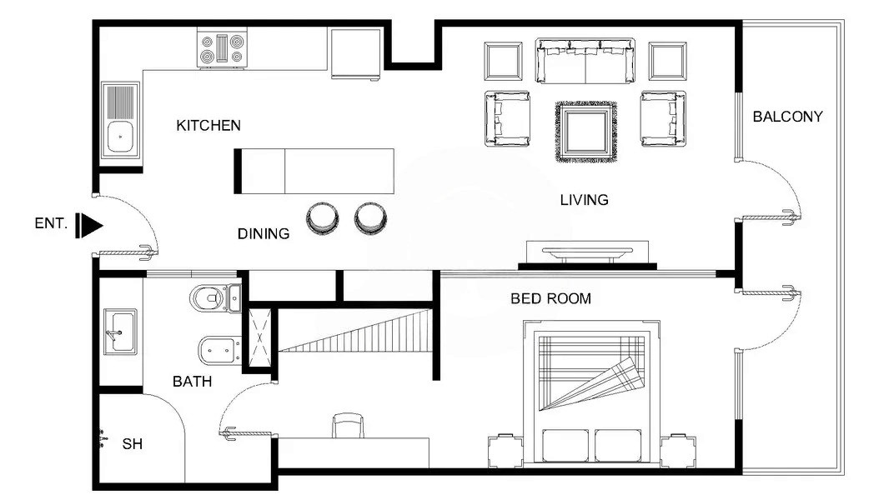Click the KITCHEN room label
tap(208, 126)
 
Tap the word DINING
tap(264, 234)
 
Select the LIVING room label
tap(584, 200)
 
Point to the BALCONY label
tap(787, 117)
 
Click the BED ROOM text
tap(550, 298)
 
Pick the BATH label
tap(192, 382)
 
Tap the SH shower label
tap(133, 443)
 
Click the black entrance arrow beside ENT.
tap(89, 224)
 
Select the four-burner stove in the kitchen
tap(223, 49)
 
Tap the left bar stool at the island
tap(322, 217)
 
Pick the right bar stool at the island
tap(370, 217)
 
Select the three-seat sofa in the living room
tap(585, 61)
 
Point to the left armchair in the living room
tap(507, 119)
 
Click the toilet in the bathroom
tap(208, 296)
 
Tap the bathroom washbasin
tap(121, 331)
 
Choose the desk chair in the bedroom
tap(349, 426)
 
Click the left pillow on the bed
tap(565, 446)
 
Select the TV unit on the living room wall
tap(587, 254)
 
